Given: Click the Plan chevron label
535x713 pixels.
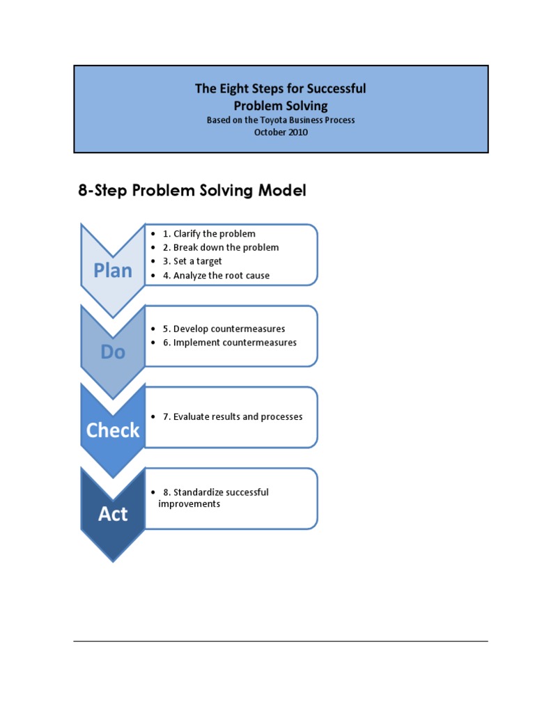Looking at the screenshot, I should (x=113, y=271).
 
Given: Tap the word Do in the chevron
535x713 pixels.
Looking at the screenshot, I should (x=113, y=352).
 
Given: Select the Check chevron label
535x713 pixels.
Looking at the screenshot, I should (x=113, y=431).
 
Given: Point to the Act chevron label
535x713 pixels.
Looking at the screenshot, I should (x=113, y=514).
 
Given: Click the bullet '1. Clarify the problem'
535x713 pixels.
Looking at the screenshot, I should (x=209, y=234).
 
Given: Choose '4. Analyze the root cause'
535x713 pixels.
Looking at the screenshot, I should (x=216, y=276).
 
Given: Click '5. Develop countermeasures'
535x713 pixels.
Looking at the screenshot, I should (x=224, y=329).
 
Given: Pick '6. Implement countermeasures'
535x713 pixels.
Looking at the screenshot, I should (x=229, y=343).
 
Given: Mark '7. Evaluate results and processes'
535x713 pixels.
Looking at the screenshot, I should (x=233, y=417).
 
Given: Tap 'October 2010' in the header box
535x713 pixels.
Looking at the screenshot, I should (x=281, y=132).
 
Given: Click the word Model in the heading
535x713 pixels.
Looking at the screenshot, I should (x=282, y=191).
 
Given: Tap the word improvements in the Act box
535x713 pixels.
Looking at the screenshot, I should (x=189, y=504).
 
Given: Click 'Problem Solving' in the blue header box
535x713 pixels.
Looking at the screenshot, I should (x=281, y=106).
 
